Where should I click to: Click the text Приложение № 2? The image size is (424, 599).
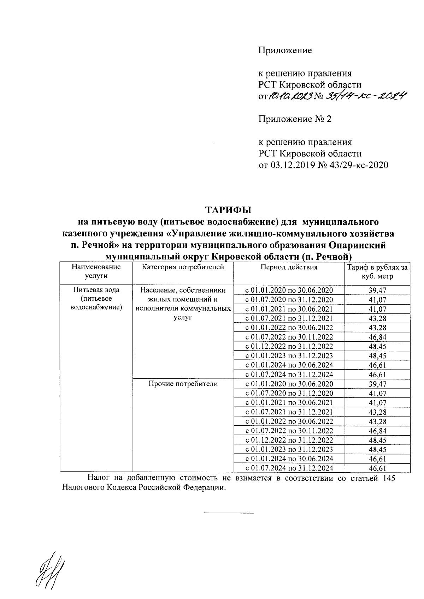coord(295,119)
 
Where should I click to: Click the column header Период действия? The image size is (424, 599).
coord(289,267)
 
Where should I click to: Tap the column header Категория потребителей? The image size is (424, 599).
coord(183,267)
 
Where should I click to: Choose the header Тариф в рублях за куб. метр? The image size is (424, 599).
coord(377,272)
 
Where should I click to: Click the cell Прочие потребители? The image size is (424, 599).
coord(183,384)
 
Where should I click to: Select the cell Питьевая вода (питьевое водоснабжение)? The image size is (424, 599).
coord(96,299)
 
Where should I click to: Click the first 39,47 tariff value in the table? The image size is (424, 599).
coord(377,290)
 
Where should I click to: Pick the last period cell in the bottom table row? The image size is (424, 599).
coord(289,468)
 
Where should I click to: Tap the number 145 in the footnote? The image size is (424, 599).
coord(388,478)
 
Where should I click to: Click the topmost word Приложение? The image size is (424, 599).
coord(285,50)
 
